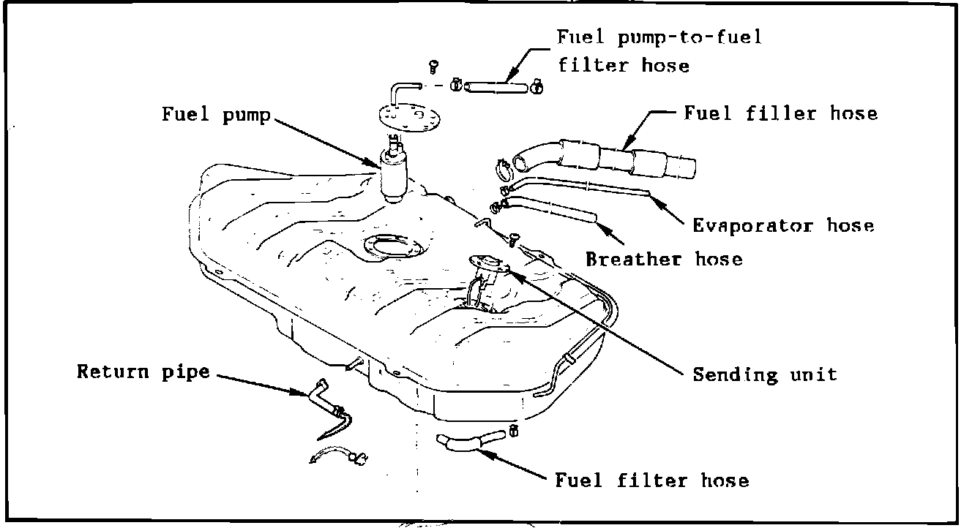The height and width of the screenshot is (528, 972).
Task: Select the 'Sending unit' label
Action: pyautogui.click(x=764, y=375)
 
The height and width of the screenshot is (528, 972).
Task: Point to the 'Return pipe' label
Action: pyautogui.click(x=143, y=372)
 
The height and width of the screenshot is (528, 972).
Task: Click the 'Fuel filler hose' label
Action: pyautogui.click(x=780, y=113)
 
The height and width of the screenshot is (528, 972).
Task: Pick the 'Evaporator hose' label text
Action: pyautogui.click(x=783, y=225)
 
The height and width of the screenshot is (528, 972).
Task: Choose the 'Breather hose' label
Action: pyautogui.click(x=663, y=258)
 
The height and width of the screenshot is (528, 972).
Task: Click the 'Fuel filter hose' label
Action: pyautogui.click(x=652, y=480)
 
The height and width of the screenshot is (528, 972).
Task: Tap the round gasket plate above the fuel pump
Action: pyautogui.click(x=403, y=118)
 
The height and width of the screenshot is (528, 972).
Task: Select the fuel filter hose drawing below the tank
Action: pyautogui.click(x=468, y=441)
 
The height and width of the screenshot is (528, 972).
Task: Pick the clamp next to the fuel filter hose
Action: pyautogui.click(x=513, y=429)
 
